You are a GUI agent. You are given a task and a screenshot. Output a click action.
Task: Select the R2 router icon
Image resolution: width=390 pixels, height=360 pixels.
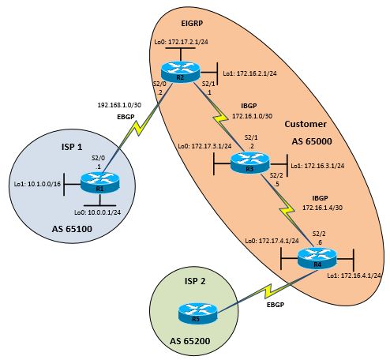pos(180,73)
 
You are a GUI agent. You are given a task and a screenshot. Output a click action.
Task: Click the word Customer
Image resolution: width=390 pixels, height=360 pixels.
pos(306,124)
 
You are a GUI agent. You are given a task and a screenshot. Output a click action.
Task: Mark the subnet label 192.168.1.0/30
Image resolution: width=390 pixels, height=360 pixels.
pos(118,104)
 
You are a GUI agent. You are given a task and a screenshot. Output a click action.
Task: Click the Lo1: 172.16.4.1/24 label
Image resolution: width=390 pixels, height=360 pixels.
pos(355,276)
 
